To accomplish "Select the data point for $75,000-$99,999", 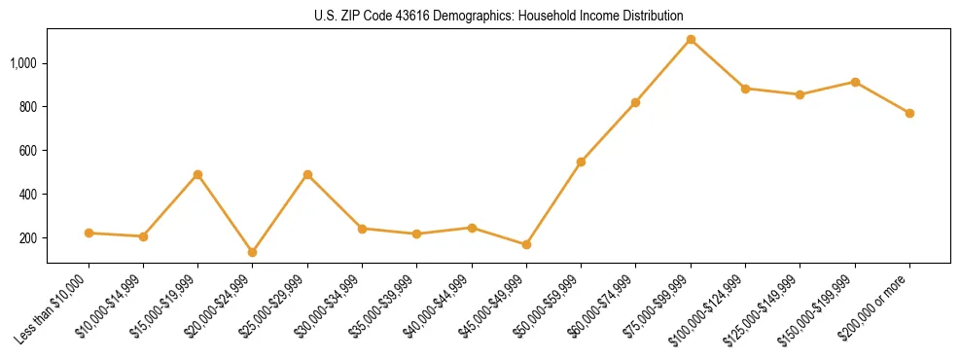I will coord(691,40).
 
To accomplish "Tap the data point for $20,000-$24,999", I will coord(253,252).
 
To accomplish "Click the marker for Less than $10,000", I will coord(89,233).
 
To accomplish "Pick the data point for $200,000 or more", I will coord(909,113).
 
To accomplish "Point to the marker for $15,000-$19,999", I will coord(197,174).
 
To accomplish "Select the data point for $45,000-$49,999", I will coord(526,245).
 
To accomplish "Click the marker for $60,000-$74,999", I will coord(635,102).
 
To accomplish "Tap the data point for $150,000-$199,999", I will coord(855,82).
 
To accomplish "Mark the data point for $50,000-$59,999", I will coord(581,162).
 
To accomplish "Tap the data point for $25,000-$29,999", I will coord(307,174).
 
